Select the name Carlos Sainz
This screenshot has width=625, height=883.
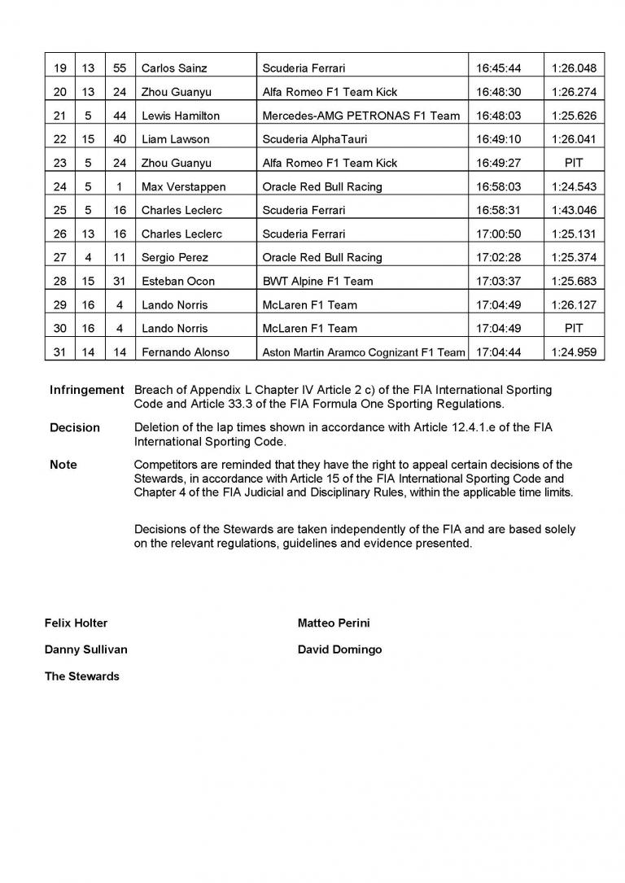tap(172, 68)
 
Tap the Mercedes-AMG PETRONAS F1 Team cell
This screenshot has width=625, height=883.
tap(361, 116)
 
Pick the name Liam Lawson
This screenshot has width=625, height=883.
tap(175, 139)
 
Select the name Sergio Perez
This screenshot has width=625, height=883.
tap(175, 257)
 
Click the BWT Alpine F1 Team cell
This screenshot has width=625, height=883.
tap(317, 281)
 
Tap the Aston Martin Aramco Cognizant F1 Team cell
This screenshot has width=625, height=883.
tap(363, 352)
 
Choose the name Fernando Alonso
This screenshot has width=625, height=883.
tap(186, 352)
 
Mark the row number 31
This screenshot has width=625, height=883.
tap(59, 352)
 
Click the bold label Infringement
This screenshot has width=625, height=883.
tap(86, 390)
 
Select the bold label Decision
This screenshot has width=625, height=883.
tap(75, 427)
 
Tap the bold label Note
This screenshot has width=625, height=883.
tap(63, 465)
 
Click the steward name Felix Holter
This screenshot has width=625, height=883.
tap(76, 623)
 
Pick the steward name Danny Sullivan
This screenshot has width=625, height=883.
tap(85, 649)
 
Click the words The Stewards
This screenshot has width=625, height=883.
tap(81, 676)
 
